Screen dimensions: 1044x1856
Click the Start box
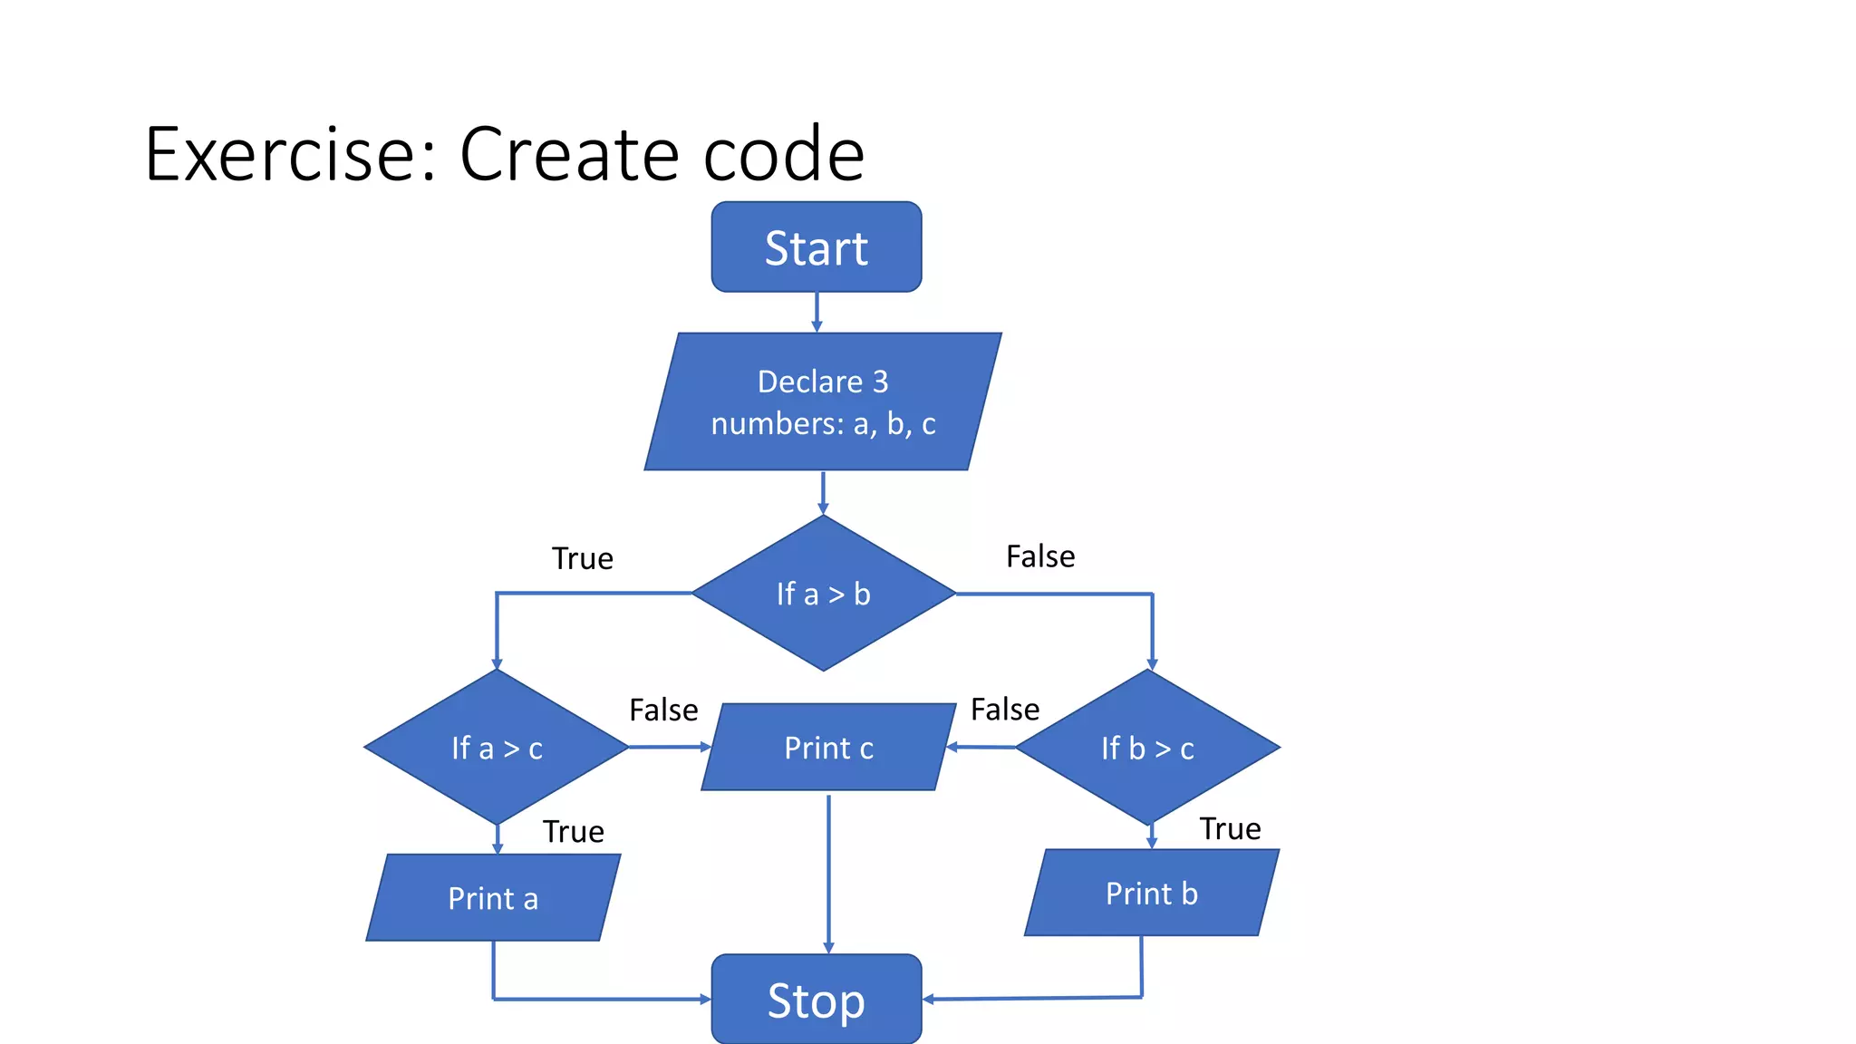pos(816,247)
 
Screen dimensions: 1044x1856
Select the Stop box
pos(816,1000)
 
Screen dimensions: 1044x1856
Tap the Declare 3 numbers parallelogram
pos(822,401)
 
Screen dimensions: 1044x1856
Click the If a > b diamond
pos(823,594)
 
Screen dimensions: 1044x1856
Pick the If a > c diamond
pos(497,748)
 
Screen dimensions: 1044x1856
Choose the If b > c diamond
pos(1147,748)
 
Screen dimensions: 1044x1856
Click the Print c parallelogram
pos(828,748)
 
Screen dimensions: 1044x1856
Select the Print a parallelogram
pos(493,898)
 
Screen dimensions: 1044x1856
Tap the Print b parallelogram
pos(1151,894)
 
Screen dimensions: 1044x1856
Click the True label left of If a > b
pos(582,558)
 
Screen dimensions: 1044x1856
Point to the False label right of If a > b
pos(1040,556)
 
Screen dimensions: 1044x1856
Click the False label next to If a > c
pos(663,710)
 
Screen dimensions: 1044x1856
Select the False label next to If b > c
pos(1004,709)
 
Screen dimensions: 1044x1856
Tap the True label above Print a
pos(573,831)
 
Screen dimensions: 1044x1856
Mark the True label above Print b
pos(1230,828)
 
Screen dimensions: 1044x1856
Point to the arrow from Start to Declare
pos(817,312)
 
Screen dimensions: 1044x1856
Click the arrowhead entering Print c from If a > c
pos(706,747)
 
